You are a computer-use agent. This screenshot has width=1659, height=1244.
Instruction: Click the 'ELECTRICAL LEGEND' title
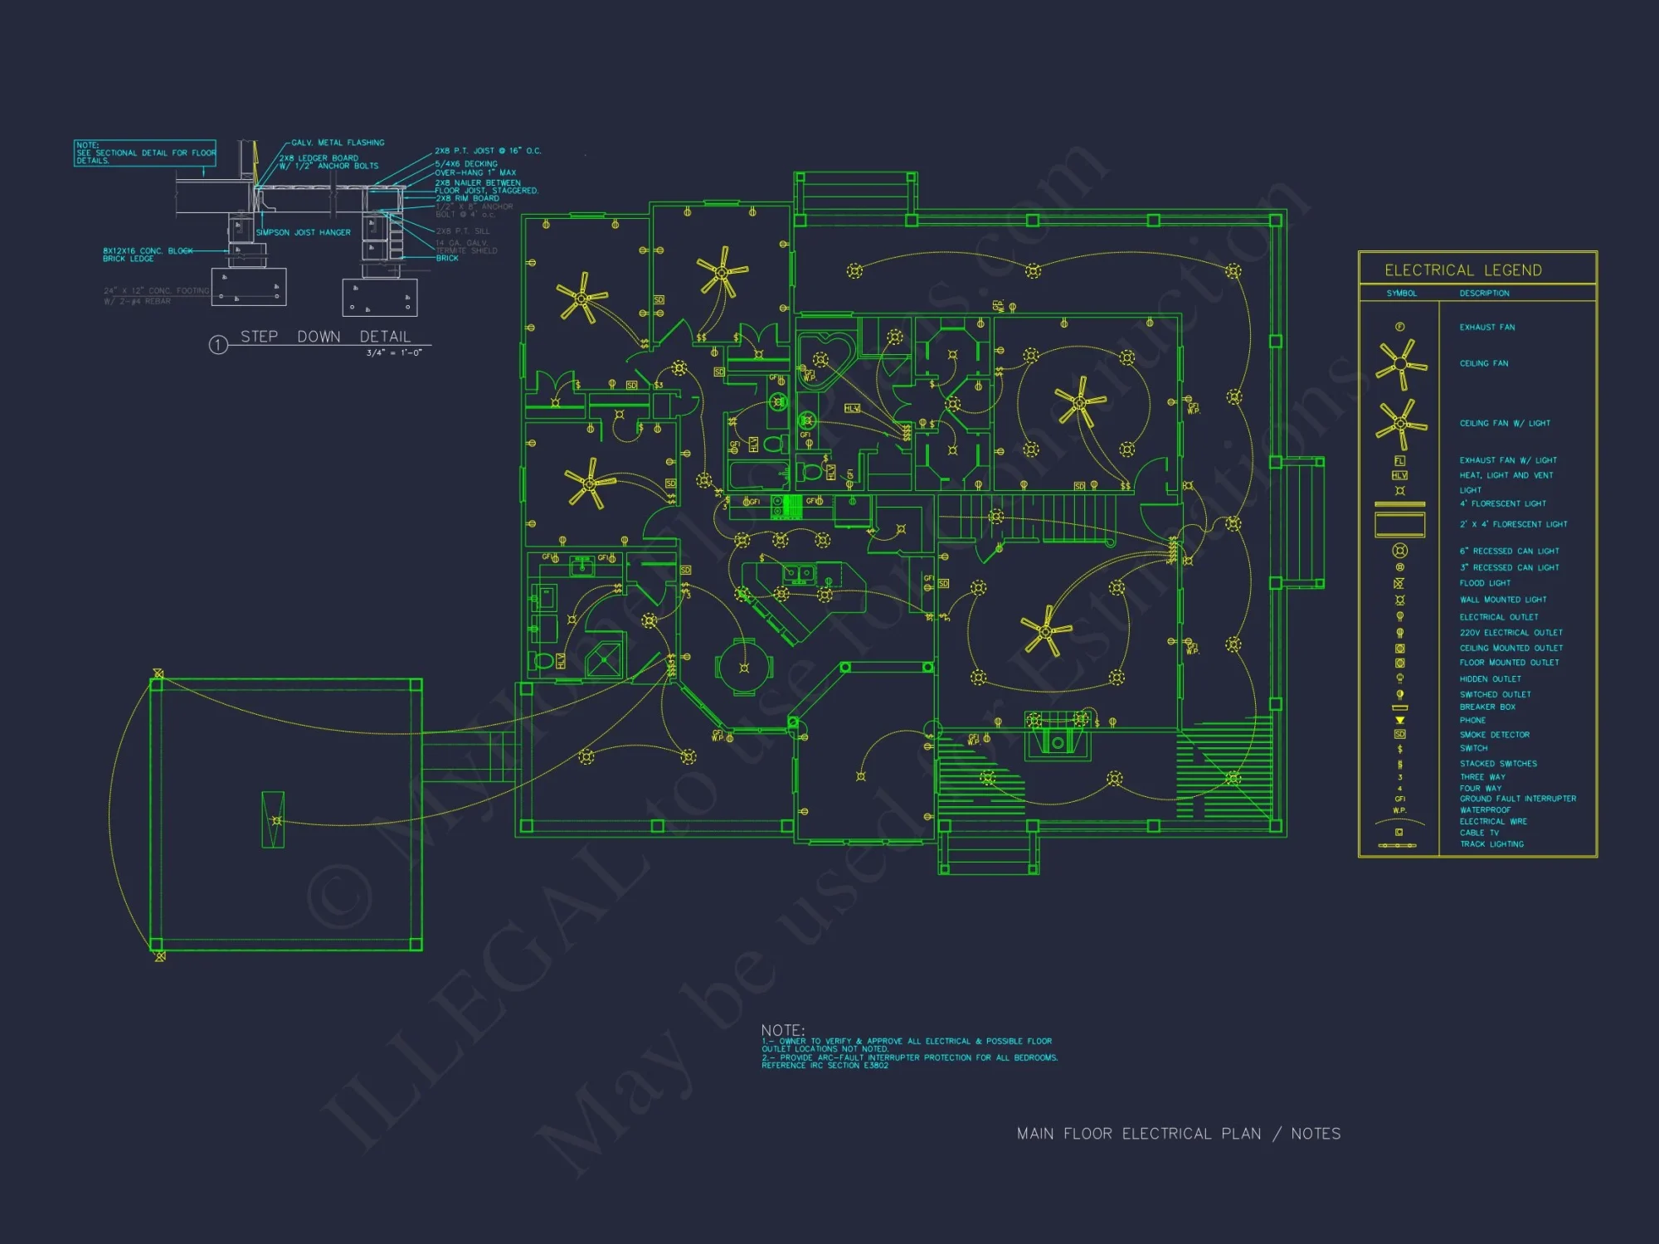[x=1463, y=270]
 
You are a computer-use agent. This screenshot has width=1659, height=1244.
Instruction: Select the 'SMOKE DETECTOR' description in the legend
[x=1494, y=735]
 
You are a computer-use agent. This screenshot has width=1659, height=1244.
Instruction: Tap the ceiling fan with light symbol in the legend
[x=1401, y=423]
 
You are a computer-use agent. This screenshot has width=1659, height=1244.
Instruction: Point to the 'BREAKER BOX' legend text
[x=1487, y=707]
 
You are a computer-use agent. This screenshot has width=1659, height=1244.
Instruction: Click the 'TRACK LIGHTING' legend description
[x=1491, y=844]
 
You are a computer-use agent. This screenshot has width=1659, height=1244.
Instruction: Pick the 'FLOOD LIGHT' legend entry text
[x=1485, y=583]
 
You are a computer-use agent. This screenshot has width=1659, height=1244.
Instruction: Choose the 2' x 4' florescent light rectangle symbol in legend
[x=1399, y=524]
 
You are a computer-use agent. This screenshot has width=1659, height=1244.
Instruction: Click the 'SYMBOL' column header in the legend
[x=1402, y=294]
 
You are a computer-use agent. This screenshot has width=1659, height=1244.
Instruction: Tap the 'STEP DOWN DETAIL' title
[x=325, y=337]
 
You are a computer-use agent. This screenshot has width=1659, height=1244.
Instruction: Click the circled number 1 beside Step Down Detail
[x=218, y=345]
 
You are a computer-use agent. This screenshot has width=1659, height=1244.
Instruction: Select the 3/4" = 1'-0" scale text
[x=394, y=352]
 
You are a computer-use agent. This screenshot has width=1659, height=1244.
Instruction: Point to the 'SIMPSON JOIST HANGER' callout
[x=303, y=232]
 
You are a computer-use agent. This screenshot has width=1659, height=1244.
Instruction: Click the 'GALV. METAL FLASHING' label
[x=338, y=143]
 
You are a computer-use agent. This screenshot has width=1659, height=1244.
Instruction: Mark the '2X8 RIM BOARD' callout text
[x=467, y=198]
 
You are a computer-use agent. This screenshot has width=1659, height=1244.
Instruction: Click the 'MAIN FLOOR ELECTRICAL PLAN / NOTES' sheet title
[x=1178, y=1134]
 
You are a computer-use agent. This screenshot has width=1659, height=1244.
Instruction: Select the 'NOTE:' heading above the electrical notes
[x=782, y=1030]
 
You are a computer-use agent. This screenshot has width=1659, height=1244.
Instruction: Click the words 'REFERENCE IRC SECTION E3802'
[x=825, y=1066]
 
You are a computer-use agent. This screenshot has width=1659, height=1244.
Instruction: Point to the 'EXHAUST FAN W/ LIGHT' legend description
[x=1507, y=460]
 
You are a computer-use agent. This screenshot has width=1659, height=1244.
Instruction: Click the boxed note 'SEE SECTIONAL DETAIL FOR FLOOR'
[x=146, y=153]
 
